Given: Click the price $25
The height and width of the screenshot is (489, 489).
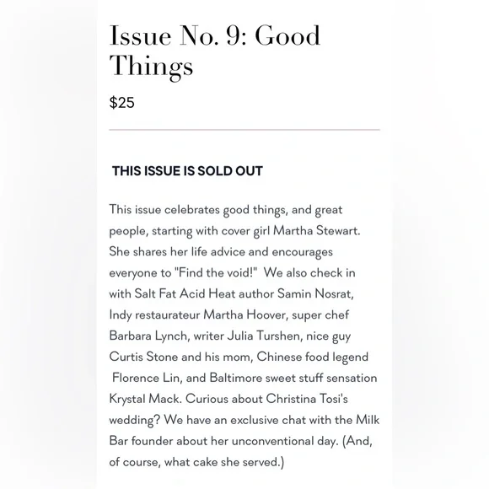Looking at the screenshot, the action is (x=122, y=103).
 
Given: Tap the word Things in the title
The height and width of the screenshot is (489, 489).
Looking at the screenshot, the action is (x=152, y=66).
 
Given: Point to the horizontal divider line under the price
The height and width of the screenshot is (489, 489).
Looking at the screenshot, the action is (x=244, y=130).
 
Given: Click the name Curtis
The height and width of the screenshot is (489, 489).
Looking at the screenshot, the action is (x=129, y=357).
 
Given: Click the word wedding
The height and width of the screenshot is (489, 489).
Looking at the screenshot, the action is (x=135, y=420).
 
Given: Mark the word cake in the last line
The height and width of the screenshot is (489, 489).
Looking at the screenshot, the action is (x=223, y=462).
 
